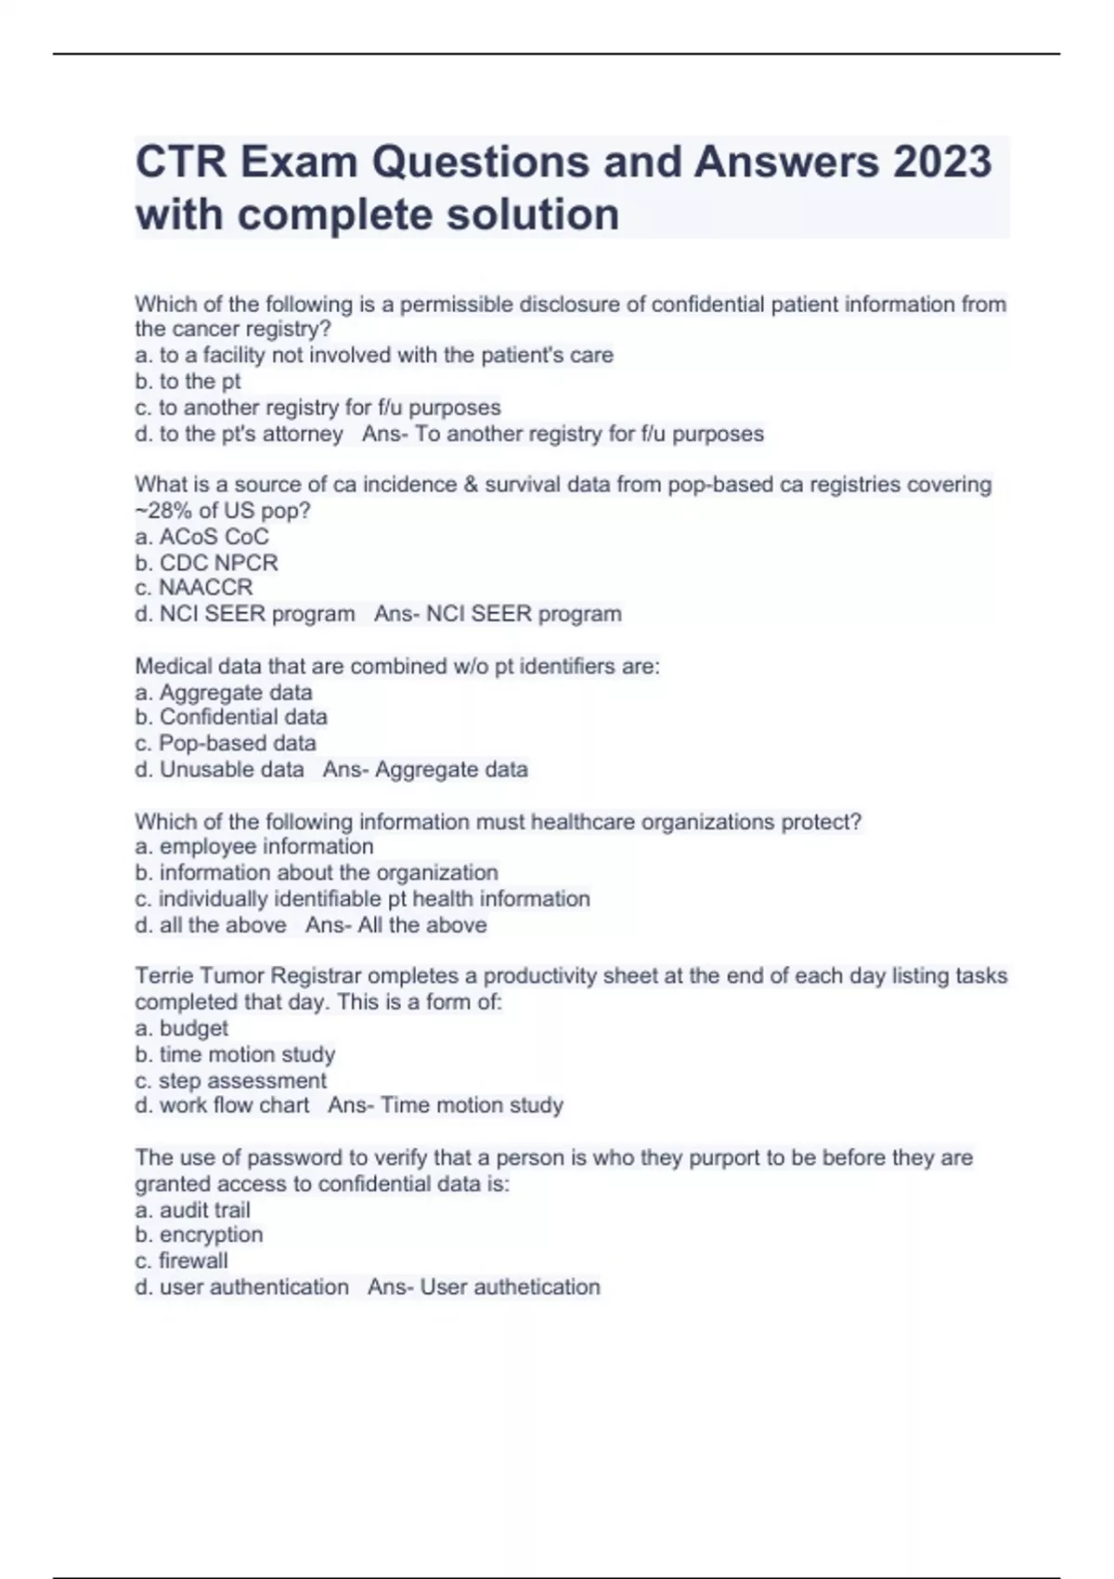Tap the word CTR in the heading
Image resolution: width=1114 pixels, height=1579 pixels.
pos(181,162)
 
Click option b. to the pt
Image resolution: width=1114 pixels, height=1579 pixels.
pos(188,381)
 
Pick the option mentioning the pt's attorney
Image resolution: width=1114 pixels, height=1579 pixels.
pos(239,434)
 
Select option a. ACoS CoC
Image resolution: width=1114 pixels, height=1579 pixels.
pos(201,537)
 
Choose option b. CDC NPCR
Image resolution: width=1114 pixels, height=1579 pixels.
pos(206,563)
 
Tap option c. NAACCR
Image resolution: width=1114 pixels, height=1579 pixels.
pos(193,588)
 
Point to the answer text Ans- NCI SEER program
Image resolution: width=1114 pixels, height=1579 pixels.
pos(498,614)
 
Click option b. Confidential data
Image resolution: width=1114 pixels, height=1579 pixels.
pos(231,717)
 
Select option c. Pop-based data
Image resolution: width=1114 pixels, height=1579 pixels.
pos(226,743)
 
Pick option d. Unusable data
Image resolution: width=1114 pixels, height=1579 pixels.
pos(220,769)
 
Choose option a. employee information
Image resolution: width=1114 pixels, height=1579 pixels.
pos(254,846)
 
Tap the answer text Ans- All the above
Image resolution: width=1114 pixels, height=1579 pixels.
pos(396,925)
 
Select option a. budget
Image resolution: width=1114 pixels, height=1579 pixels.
pos(181,1028)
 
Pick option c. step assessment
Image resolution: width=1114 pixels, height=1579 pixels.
pos(230,1080)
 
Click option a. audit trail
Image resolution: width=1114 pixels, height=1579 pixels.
pos(192,1209)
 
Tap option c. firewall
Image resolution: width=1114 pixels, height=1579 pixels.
pos(181,1260)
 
